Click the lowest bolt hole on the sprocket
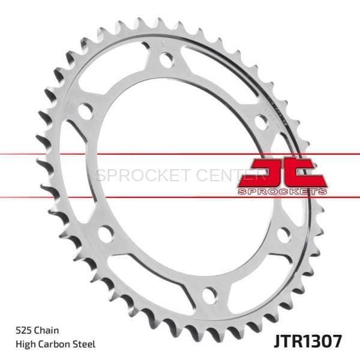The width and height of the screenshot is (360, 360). tap(209, 294)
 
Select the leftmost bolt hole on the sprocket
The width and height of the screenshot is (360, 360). tap(86, 112)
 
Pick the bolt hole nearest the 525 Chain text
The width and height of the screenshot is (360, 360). tap(106, 233)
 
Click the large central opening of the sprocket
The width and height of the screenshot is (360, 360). tap(180, 180)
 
